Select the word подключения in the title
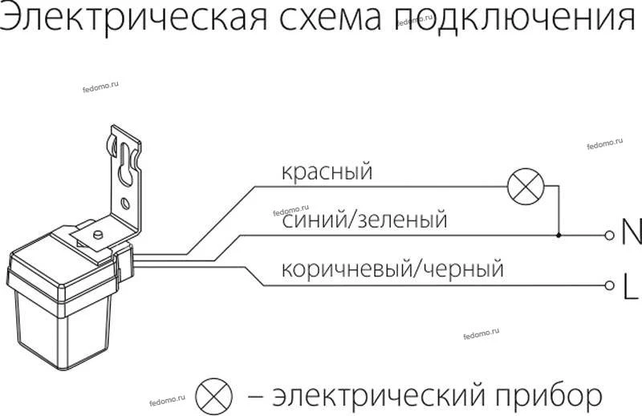tap(516, 18)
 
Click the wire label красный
tap(327, 172)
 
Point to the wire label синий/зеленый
tap(364, 219)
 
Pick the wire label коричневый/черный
tap(392, 269)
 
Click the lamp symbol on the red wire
tap(526, 187)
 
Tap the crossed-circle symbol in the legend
tap(213, 396)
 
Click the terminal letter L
tap(631, 286)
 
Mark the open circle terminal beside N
tap(610, 235)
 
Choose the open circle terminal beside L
tap(610, 285)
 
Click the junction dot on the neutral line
tap(559, 235)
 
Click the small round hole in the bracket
tap(126, 203)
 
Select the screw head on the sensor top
tap(98, 235)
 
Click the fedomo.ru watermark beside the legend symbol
tap(168, 400)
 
